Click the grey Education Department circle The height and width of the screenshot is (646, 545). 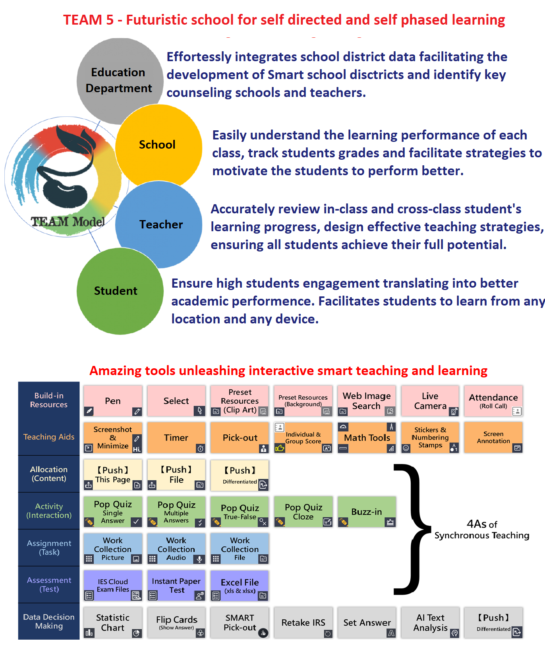(119, 80)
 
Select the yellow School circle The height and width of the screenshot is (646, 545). (158, 145)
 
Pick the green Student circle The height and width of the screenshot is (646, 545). (120, 291)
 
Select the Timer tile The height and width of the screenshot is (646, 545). (176, 437)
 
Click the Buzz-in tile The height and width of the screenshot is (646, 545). (367, 512)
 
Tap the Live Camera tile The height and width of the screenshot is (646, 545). (430, 401)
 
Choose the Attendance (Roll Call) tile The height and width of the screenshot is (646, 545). (493, 401)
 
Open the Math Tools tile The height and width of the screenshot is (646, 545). (367, 437)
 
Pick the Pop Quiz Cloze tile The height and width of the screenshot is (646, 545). (303, 512)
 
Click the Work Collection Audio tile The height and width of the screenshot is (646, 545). (176, 549)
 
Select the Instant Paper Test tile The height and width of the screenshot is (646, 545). (176, 586)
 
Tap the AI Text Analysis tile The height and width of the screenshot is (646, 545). (430, 623)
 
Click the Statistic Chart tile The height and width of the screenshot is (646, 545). (113, 623)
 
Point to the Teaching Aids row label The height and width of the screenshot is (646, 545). (49, 437)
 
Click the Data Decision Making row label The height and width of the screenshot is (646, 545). (49, 621)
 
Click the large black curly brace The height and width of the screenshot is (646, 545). (411, 529)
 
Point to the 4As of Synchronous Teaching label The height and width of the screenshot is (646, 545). (482, 530)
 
